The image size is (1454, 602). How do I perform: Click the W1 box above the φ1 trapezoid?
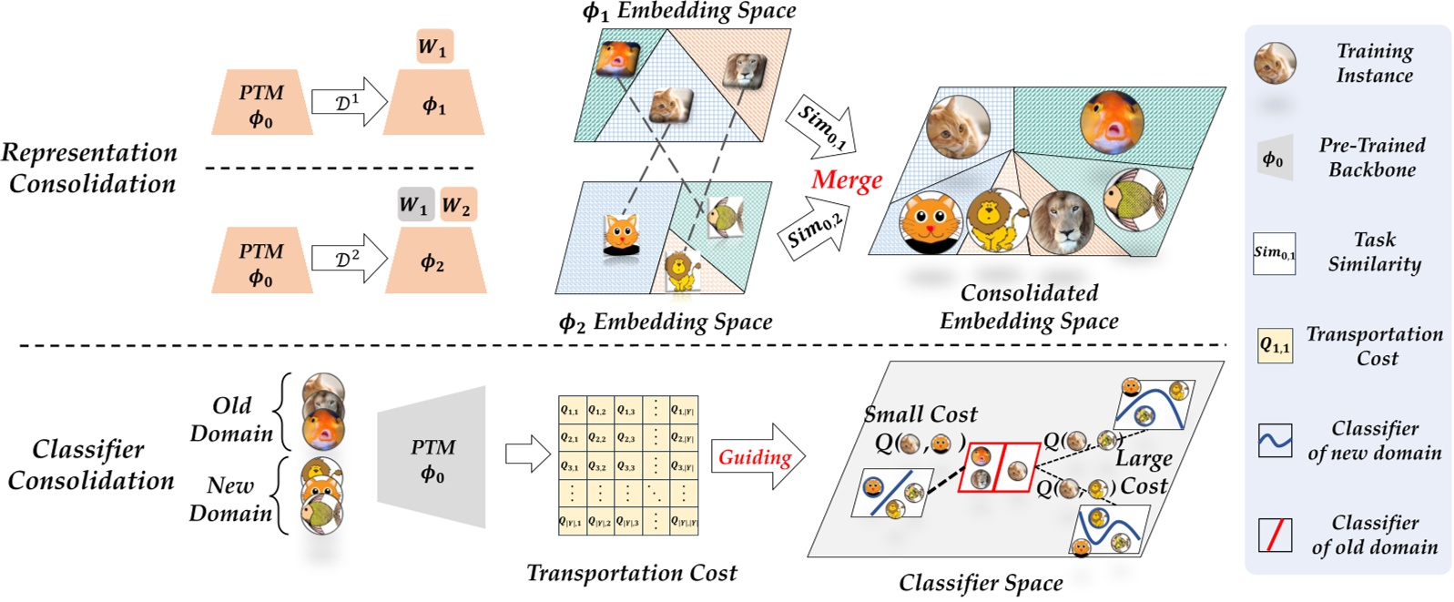(434, 46)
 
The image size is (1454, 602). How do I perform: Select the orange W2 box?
(457, 205)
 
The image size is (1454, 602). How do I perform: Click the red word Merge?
(847, 180)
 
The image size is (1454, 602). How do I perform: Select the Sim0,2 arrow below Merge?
(816, 233)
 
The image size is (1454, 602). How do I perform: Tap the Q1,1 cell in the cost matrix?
(570, 410)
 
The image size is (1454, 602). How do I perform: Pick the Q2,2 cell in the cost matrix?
(598, 437)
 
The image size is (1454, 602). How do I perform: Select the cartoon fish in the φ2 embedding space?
(724, 217)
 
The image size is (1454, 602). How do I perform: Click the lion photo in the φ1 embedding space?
(744, 71)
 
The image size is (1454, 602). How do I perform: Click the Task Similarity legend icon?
(1274, 253)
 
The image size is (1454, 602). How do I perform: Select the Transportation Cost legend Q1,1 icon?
(1274, 346)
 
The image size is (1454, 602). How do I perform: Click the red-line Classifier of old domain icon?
(1274, 536)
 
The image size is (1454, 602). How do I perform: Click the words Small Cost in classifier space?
(920, 414)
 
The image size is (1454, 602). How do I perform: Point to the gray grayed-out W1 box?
(414, 205)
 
